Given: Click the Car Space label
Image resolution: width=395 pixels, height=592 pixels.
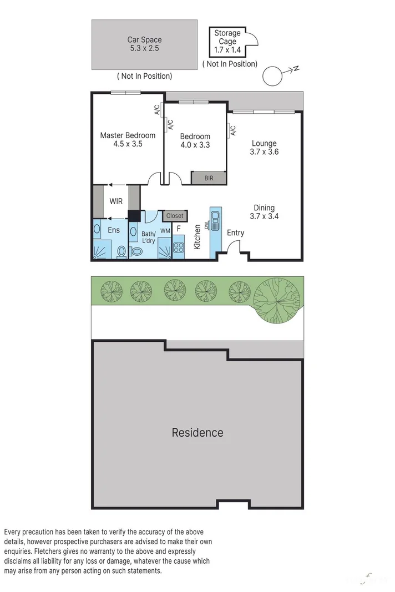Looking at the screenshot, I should [144, 40].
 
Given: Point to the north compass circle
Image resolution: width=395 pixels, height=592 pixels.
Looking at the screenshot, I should [272, 76].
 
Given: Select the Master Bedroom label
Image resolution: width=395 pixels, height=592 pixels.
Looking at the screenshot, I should [128, 135].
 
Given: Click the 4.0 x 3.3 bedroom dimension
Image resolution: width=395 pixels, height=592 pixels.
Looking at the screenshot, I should [195, 145].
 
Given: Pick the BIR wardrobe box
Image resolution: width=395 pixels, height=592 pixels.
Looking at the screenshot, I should [209, 178].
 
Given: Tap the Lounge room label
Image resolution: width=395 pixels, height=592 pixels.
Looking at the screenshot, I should [264, 144].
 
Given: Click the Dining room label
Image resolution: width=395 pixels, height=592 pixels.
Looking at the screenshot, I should [264, 208].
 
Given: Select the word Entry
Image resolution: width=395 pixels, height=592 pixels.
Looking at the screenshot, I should [235, 232].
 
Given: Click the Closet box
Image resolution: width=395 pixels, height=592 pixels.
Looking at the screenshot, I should [174, 215].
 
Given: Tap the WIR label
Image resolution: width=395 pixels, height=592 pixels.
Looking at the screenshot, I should [116, 201].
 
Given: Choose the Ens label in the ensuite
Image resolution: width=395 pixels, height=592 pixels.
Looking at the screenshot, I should [113, 230].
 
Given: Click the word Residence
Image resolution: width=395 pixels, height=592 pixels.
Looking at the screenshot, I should [197, 432].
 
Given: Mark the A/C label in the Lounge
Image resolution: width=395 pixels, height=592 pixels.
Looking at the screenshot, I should [233, 131].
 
